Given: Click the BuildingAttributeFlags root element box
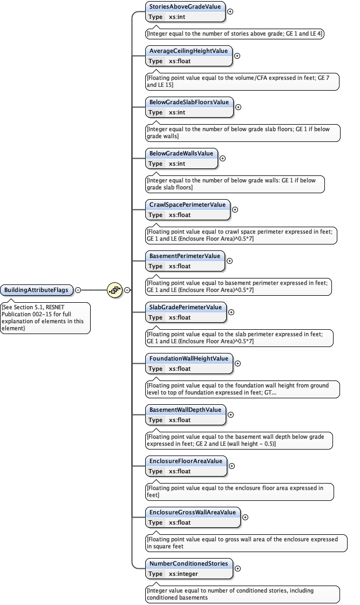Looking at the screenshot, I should point(37,290).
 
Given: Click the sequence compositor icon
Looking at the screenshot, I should point(114,290).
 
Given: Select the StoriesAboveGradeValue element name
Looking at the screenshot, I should point(185,6).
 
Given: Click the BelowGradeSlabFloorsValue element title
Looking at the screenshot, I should point(189,102).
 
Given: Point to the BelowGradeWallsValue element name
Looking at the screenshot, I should point(181,153).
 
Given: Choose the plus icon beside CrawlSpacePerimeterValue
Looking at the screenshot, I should point(235,209).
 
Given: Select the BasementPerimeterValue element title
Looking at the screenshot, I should point(185,256).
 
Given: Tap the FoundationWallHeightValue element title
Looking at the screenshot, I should point(189,358).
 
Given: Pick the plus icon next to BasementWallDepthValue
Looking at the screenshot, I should point(231,414).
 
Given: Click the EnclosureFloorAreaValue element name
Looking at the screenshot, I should point(186,461).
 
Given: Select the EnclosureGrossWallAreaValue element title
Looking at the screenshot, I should point(193,512).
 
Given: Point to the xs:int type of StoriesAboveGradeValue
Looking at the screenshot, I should point(177,17).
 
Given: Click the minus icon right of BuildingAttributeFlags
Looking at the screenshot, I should point(78,290).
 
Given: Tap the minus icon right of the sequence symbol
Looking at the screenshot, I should point(127,290).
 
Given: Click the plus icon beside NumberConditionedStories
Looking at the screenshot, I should point(238,568).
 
